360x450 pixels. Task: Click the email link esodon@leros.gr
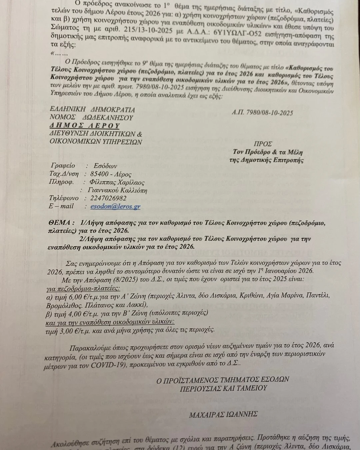point(115,207)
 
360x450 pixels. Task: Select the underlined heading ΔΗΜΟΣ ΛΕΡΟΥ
point(85,126)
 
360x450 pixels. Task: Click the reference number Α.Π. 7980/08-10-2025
point(262,113)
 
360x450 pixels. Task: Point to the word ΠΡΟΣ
point(263,144)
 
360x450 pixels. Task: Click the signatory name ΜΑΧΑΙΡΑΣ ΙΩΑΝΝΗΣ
point(223,414)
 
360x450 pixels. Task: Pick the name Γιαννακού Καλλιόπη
point(117,191)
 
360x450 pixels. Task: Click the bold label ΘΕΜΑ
point(59,223)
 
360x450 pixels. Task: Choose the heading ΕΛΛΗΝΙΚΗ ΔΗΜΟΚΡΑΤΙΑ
point(92,110)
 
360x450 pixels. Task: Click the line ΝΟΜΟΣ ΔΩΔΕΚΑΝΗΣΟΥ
point(91,118)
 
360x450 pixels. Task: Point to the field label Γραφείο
point(63,166)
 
